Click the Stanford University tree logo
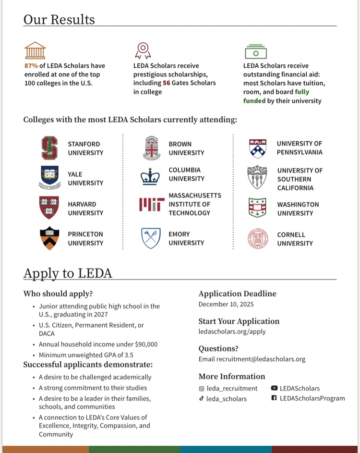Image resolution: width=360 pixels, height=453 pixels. (x=49, y=148)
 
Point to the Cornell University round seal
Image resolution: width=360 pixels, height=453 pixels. (x=258, y=239)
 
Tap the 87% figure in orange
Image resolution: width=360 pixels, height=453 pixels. (x=31, y=66)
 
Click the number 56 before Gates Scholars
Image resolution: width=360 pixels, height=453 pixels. (x=167, y=83)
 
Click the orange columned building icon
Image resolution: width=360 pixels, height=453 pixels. (x=35, y=50)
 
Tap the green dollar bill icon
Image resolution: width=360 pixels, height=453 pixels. (x=256, y=52)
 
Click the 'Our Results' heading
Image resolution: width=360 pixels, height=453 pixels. (x=59, y=20)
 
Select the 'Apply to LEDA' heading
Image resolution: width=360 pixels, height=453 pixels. (x=68, y=273)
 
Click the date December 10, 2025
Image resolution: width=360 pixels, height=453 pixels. (x=226, y=304)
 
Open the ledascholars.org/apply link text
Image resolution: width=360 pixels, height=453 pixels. (x=232, y=331)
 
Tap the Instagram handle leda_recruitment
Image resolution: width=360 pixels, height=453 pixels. (x=232, y=388)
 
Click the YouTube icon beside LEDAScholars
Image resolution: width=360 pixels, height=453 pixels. (x=274, y=388)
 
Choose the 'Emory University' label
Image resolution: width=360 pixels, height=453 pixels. (x=179, y=238)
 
